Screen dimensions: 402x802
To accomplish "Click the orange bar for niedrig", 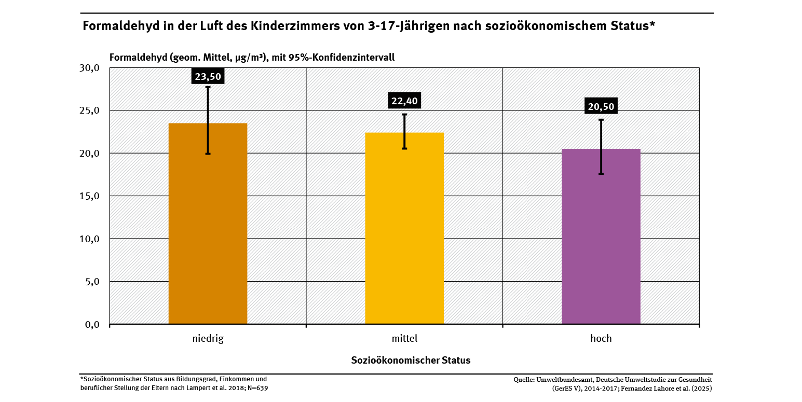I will coord(208,223).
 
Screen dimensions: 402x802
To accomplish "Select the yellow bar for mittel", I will coord(404,228).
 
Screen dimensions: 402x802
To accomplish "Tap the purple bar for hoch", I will coord(601,236).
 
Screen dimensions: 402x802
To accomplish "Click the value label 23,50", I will coord(208,77).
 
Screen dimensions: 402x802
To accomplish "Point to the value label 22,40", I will coord(404,101).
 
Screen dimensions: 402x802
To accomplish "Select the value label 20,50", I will coord(601,107).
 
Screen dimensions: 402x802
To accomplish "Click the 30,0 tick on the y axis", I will coord(90,68).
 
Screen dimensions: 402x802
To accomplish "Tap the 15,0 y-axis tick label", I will coord(90,196).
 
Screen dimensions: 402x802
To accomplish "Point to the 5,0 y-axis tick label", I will coord(92,282).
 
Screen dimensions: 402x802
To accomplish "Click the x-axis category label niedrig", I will coord(208,339).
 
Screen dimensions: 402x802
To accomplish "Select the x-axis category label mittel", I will coord(404,339).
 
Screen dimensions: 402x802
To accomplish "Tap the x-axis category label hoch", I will coord(601,339).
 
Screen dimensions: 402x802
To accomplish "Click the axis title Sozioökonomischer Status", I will coord(411,360).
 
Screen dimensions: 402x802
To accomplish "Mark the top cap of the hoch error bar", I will coord(601,120).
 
